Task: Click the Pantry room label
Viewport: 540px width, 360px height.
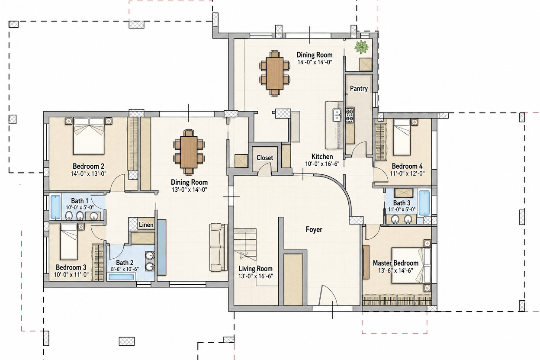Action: click(359, 89)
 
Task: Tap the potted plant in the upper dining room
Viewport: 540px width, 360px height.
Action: click(361, 47)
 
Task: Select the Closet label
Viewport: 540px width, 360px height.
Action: click(265, 157)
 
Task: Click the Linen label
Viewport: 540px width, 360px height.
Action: click(146, 225)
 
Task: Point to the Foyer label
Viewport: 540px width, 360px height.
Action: click(314, 229)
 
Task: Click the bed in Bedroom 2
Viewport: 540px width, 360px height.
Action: click(89, 136)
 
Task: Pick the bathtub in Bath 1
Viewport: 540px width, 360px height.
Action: click(55, 207)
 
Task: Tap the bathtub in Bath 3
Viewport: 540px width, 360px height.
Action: click(424, 203)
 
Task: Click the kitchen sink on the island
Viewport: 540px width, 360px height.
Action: click(337, 115)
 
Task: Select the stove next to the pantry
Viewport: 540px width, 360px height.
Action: click(350, 115)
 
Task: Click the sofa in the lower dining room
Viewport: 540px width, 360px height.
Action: click(219, 247)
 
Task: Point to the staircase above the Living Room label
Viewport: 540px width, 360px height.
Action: click(245, 244)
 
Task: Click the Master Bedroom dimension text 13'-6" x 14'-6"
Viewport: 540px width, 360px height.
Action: click(395, 270)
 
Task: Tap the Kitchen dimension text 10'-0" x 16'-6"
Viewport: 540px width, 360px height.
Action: click(322, 164)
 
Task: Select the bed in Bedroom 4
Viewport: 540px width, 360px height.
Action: click(402, 137)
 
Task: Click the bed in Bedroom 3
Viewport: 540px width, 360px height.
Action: click(69, 241)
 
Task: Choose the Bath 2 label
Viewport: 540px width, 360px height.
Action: click(125, 263)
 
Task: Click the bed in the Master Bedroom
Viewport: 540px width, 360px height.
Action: click(411, 265)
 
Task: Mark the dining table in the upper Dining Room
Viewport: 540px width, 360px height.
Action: click(275, 73)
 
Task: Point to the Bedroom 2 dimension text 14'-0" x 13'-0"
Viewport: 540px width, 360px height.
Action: click(88, 174)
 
